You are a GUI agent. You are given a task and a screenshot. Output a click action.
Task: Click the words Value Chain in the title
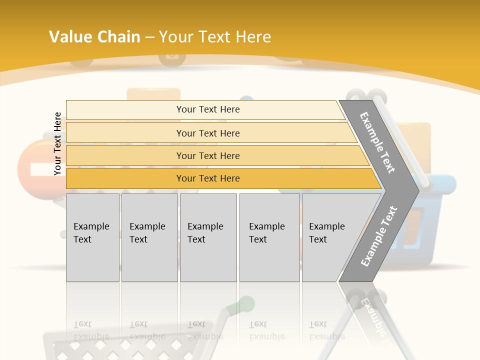click(94, 37)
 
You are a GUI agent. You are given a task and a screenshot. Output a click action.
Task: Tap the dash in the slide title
click(149, 37)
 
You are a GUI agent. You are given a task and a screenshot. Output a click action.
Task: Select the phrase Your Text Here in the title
click(215, 37)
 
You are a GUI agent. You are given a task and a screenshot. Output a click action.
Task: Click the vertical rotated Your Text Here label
click(57, 143)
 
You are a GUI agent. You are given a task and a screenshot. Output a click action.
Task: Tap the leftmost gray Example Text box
click(92, 237)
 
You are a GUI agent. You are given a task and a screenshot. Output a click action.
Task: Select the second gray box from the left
click(149, 237)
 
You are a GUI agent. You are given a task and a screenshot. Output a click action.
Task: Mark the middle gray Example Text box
click(208, 237)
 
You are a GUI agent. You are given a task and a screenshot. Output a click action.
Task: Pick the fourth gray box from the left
click(269, 237)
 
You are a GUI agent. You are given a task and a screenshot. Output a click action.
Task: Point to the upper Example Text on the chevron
click(377, 142)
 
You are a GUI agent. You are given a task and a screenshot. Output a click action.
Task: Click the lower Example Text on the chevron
click(378, 236)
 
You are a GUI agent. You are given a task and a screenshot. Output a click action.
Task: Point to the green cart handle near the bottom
click(246, 303)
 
